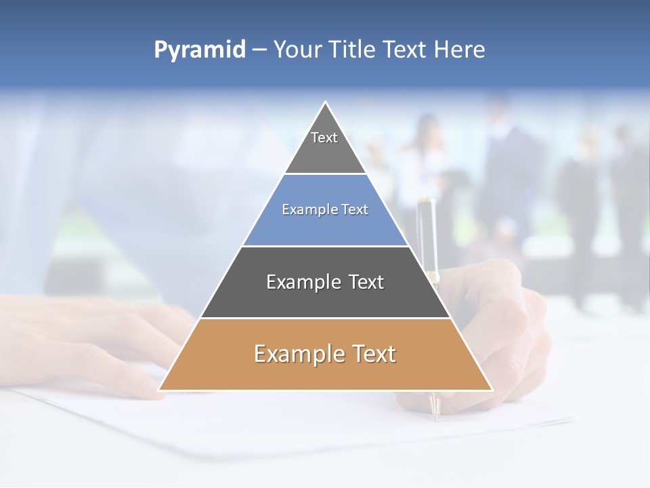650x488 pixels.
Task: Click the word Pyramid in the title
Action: pos(200,50)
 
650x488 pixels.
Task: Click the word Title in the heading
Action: pos(351,49)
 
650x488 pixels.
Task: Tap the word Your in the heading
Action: pos(297,49)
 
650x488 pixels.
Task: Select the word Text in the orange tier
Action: pos(373,354)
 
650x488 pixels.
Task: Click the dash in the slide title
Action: pos(259,50)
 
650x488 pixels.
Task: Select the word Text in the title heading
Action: pos(405,49)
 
